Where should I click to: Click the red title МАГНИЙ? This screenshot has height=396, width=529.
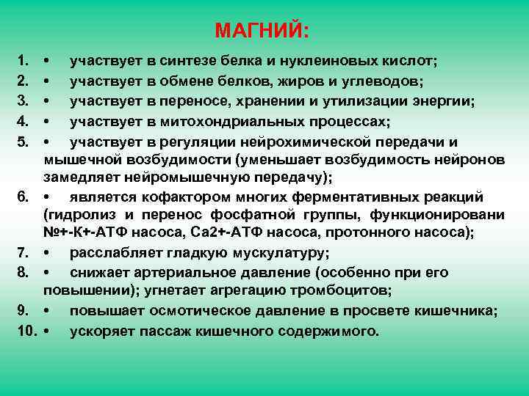pyautogui.click(x=262, y=31)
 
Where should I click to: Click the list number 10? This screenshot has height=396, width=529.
pyautogui.click(x=24, y=330)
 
